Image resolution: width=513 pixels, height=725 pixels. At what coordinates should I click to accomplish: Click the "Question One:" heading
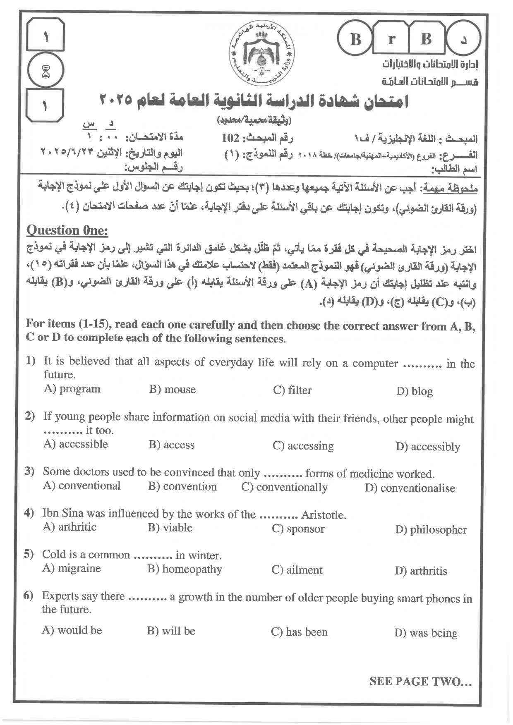[67, 230]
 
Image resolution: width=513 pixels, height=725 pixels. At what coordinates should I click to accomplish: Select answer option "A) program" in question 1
[72, 389]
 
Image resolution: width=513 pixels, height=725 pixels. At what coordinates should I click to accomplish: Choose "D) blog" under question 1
[414, 391]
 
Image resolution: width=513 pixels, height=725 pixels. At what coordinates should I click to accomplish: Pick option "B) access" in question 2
[171, 445]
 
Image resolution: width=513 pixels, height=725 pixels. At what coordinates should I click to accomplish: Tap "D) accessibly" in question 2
[428, 447]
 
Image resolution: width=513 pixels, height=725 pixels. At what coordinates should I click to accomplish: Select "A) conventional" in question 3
[82, 486]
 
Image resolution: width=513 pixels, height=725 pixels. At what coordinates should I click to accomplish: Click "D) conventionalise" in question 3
[410, 488]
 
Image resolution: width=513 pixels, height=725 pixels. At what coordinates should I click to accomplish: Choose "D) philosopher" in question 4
[431, 530]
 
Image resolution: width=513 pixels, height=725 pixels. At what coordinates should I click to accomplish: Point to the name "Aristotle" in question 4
[323, 515]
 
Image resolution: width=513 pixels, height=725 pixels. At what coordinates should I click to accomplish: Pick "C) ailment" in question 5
[297, 570]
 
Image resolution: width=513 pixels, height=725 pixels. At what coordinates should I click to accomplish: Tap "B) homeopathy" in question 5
[185, 569]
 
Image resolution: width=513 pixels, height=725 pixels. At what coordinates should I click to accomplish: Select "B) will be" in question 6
[171, 631]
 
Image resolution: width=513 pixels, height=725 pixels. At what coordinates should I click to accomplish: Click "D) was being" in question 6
[426, 633]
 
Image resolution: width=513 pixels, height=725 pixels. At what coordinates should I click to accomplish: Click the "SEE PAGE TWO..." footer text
[420, 682]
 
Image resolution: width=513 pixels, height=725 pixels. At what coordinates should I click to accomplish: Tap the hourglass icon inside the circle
[46, 73]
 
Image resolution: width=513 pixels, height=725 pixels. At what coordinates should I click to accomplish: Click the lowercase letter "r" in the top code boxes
[391, 39]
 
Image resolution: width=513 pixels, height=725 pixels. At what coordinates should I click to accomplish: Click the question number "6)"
[28, 596]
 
